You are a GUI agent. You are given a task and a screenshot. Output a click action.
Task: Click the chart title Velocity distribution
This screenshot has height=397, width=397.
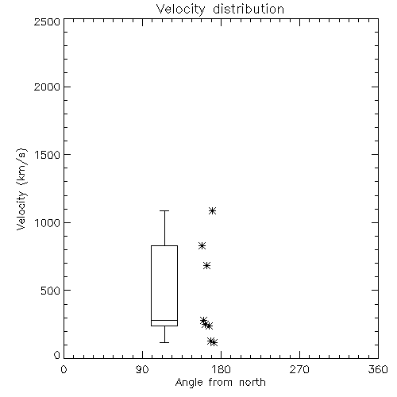tap(220, 9)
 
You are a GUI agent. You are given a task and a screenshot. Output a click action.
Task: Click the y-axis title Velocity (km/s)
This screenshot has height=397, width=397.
tap(21, 189)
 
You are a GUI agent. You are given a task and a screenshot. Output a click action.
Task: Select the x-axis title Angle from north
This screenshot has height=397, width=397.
tap(220, 383)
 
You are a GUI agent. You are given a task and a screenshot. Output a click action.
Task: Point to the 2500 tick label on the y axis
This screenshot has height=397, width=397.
tap(47, 21)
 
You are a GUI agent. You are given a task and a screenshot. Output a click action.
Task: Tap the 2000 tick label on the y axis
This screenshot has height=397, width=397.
tap(47, 87)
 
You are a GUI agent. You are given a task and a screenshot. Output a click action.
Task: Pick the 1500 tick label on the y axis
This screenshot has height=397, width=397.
tap(48, 155)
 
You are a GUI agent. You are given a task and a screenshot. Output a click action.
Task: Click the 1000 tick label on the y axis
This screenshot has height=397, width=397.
tap(48, 222)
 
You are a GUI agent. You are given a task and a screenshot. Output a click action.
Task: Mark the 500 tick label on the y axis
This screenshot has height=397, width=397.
tap(51, 291)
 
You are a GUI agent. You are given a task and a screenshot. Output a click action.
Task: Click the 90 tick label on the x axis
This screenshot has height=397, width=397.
tap(142, 369)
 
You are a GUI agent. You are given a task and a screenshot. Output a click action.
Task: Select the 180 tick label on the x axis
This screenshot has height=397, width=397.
tap(221, 369)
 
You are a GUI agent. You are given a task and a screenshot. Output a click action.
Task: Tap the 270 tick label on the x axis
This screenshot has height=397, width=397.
tap(299, 369)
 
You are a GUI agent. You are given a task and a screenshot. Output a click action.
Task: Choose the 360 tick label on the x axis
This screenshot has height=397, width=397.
tap(378, 369)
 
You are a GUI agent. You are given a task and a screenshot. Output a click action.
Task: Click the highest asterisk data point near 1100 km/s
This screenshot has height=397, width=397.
tap(212, 211)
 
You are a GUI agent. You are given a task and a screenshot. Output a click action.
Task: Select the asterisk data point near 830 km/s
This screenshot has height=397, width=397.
tap(202, 246)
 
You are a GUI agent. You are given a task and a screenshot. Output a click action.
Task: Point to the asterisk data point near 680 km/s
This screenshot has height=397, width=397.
tap(206, 265)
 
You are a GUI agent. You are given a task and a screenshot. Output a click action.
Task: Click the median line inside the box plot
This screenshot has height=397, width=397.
tap(164, 321)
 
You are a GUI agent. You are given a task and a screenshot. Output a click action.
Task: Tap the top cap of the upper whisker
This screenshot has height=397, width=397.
tap(164, 211)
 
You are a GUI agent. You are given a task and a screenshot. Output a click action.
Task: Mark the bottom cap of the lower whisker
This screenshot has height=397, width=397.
tap(164, 342)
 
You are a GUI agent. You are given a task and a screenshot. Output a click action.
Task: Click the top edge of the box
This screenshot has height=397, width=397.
tap(164, 246)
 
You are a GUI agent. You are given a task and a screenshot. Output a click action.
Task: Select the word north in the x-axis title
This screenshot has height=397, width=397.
tap(252, 383)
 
